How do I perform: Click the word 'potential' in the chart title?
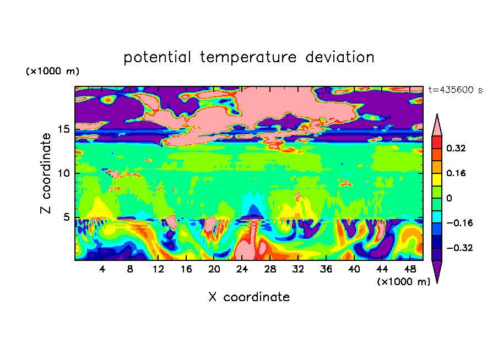(157, 57)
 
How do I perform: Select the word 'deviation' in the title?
(340, 57)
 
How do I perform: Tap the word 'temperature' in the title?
(248, 58)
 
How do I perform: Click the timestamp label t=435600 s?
(456, 90)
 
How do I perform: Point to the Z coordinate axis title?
(46, 173)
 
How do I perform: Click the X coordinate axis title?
(249, 297)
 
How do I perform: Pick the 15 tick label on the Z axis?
(64, 129)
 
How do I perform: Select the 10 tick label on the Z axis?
(64, 173)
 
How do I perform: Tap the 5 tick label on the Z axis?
(66, 217)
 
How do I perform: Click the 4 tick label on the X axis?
(102, 269)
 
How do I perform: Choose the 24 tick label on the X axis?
(242, 269)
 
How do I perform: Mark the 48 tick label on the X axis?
(410, 269)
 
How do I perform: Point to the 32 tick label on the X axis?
(298, 269)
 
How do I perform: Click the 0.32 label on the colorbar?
(456, 148)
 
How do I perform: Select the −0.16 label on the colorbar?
(459, 223)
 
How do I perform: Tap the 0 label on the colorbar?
(449, 198)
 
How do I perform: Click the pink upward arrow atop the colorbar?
(437, 126)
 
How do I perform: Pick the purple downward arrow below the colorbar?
(437, 271)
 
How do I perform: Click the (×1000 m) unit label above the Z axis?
(52, 71)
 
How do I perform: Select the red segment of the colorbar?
(437, 143)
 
